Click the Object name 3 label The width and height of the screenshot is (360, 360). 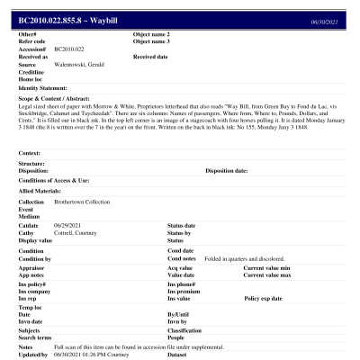point(151,41)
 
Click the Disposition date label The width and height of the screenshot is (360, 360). point(226,169)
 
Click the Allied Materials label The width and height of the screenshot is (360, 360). point(40,191)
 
